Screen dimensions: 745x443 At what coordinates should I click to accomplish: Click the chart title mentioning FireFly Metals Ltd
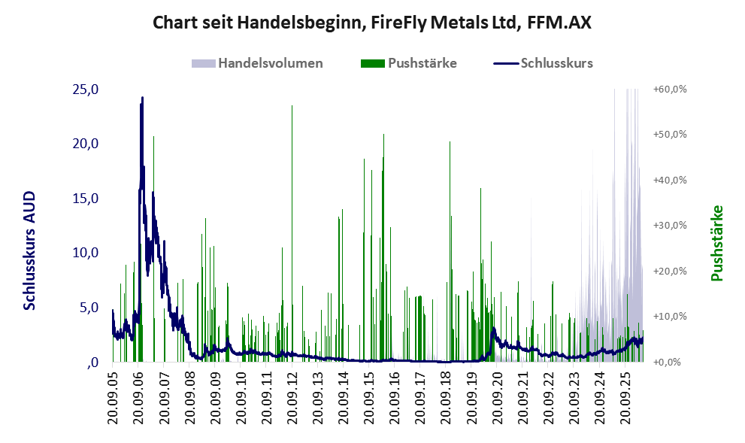coord(372,23)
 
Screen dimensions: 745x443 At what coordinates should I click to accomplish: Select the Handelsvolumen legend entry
coord(257,63)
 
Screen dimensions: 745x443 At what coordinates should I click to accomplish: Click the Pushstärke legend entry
coord(409,63)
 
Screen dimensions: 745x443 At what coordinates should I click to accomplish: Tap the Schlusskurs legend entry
coord(543,63)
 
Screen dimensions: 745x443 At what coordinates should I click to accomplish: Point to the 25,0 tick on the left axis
coord(86,89)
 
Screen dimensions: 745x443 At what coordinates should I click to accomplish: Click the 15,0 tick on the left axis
coord(86,199)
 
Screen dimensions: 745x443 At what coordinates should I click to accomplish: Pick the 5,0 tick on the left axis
coord(89,308)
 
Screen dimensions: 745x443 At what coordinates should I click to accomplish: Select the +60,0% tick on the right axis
coord(670,90)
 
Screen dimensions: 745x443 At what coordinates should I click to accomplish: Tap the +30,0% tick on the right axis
coord(670,226)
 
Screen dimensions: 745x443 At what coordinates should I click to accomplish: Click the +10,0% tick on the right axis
coord(670,317)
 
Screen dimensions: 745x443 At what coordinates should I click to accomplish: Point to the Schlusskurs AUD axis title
coord(29,250)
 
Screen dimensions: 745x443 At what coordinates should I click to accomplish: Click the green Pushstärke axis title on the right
coord(716,244)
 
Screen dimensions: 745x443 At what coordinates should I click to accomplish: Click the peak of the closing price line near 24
coord(142,98)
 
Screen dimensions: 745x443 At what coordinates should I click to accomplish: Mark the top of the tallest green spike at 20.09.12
coord(292,105)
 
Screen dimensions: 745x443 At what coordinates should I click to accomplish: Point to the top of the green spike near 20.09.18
coord(450,141)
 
